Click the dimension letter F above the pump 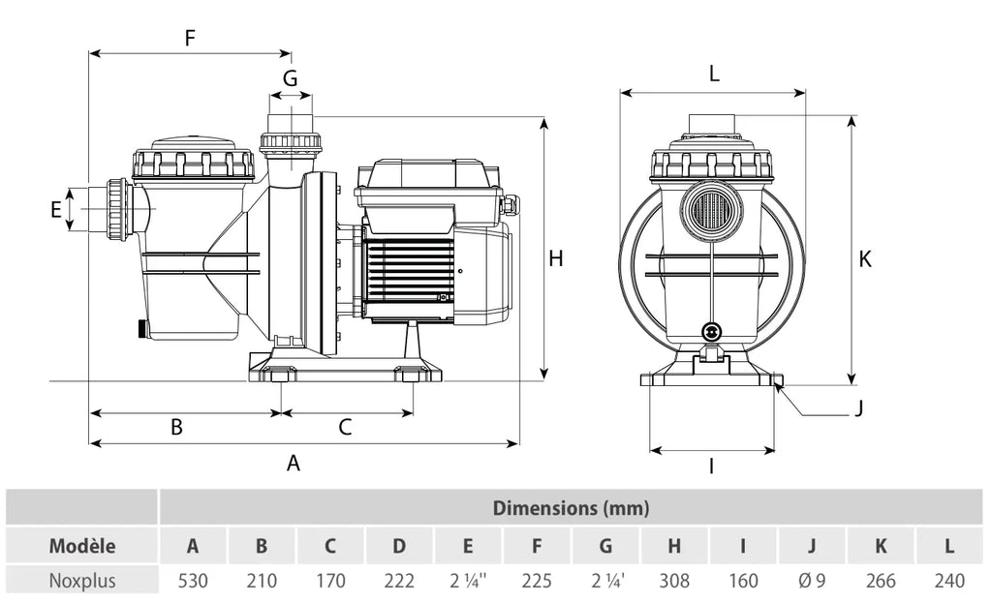[190, 38]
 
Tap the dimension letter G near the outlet [290, 78]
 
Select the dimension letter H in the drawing [555, 258]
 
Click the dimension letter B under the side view [177, 427]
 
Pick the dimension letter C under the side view [345, 427]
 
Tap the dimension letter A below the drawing [293, 464]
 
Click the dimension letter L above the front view [714, 74]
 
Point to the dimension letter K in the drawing [865, 258]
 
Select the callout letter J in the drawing [858, 408]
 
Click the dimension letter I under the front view [712, 467]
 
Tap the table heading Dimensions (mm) [571, 508]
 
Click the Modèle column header [82, 546]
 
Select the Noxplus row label [82, 581]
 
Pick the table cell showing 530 [193, 581]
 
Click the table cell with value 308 [674, 581]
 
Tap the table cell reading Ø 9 [812, 581]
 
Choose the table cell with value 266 [881, 581]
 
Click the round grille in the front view [712, 211]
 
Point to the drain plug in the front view [712, 331]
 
